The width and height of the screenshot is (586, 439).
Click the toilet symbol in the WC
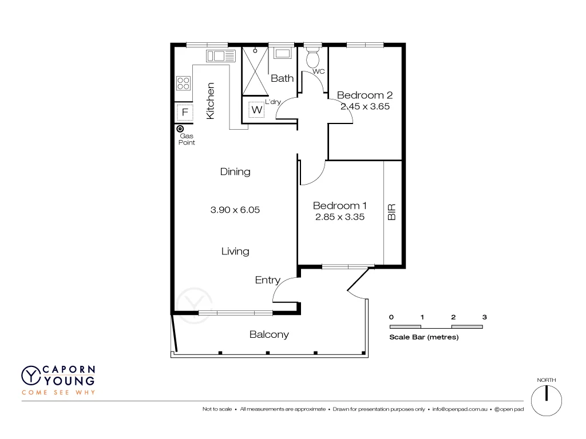[313, 58]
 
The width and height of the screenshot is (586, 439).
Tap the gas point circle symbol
[180, 129]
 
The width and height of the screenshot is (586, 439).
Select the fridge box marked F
[184, 112]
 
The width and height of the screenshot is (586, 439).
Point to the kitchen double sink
[220, 55]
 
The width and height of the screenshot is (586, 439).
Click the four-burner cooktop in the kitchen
[183, 83]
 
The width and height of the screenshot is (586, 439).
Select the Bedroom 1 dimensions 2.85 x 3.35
[340, 217]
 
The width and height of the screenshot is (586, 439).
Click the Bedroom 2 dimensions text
[365, 106]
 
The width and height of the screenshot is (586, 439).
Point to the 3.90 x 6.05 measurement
[235, 210]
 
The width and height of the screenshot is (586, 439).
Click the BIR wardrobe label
[392, 213]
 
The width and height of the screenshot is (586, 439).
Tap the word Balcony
[269, 334]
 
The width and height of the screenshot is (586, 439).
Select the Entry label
[267, 280]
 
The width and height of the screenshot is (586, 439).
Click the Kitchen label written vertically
[210, 101]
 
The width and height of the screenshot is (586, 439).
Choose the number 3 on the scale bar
[484, 317]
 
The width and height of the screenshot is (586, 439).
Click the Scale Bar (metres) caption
[423, 337]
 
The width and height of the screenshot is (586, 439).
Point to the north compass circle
[547, 400]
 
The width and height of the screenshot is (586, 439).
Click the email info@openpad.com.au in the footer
[460, 409]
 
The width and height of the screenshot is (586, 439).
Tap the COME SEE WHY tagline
[58, 392]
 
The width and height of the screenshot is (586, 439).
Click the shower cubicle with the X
[255, 71]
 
